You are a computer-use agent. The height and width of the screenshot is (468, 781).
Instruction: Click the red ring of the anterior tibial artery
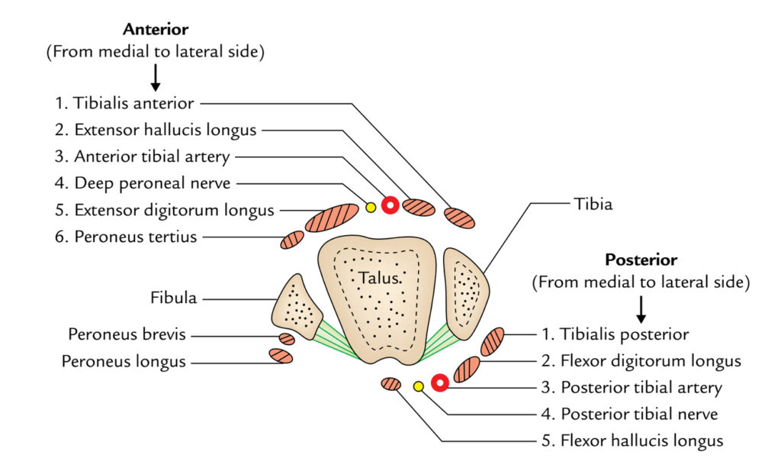pos(390,205)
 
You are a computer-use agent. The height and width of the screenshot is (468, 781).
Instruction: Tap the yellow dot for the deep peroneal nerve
pos(371,207)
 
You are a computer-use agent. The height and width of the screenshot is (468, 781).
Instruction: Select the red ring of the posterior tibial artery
pos(439,383)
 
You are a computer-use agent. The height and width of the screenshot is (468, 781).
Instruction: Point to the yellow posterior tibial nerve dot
pos(418,386)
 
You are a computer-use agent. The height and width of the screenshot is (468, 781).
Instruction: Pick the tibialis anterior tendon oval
pos(460,218)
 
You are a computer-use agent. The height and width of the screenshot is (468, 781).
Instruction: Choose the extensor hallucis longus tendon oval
pos(419,207)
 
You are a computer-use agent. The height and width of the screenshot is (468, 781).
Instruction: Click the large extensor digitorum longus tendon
pos(332,218)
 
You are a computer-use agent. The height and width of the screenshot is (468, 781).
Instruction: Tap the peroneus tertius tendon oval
pos(292,240)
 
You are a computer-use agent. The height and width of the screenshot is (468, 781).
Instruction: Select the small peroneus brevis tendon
pos(287,339)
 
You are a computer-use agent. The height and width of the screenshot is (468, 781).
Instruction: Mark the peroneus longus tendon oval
pos(281,356)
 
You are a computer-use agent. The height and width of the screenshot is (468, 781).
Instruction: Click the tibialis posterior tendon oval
pos(493,341)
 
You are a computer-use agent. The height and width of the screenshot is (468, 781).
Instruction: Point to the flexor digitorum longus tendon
pos(467,369)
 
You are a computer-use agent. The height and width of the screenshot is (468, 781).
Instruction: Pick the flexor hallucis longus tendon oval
pos(391,384)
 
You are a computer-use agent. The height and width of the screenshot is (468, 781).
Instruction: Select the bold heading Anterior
pos(156,30)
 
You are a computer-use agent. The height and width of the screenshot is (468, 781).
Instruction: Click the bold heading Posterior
pos(641,260)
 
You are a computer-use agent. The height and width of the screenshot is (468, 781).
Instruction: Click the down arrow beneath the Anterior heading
pos(156,78)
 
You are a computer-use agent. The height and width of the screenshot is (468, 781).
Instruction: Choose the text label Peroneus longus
pos(127,362)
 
